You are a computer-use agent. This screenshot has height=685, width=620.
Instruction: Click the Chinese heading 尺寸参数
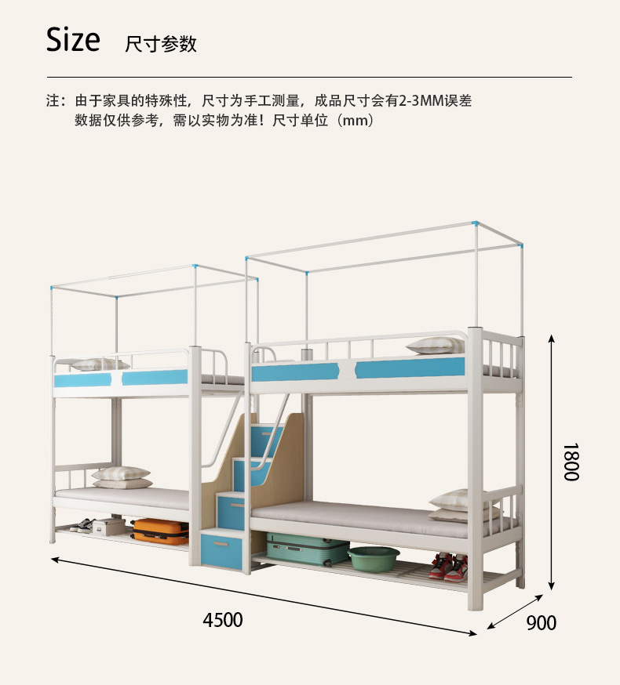click(161, 44)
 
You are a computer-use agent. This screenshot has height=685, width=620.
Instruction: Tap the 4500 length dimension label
click(223, 620)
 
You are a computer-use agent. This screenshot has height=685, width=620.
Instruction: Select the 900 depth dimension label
click(541, 623)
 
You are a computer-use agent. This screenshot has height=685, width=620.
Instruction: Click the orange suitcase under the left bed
click(161, 531)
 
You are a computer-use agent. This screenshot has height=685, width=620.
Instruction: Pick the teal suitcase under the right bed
click(307, 549)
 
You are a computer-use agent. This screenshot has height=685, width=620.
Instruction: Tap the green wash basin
click(374, 558)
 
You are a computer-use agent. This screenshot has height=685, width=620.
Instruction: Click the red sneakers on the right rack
click(449, 567)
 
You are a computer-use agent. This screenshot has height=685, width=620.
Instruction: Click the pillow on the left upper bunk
click(100, 364)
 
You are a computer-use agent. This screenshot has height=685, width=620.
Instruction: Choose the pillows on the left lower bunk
click(121, 477)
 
